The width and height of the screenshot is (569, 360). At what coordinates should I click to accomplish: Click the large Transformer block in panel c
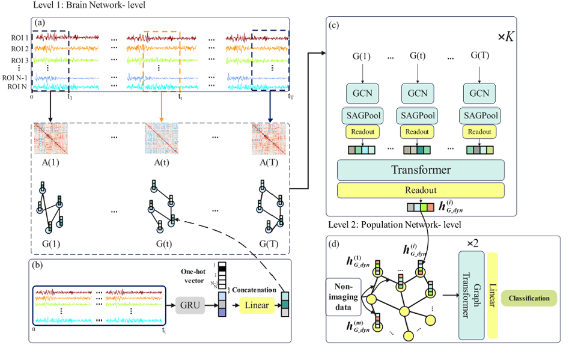(x=420, y=169)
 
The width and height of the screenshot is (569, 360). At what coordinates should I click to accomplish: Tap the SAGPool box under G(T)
(x=479, y=115)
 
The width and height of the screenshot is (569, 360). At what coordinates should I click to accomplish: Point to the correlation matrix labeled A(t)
(x=161, y=140)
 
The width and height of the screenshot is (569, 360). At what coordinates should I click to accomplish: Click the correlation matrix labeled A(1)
(x=51, y=140)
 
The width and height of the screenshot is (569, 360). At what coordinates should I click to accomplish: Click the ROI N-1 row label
(x=17, y=78)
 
